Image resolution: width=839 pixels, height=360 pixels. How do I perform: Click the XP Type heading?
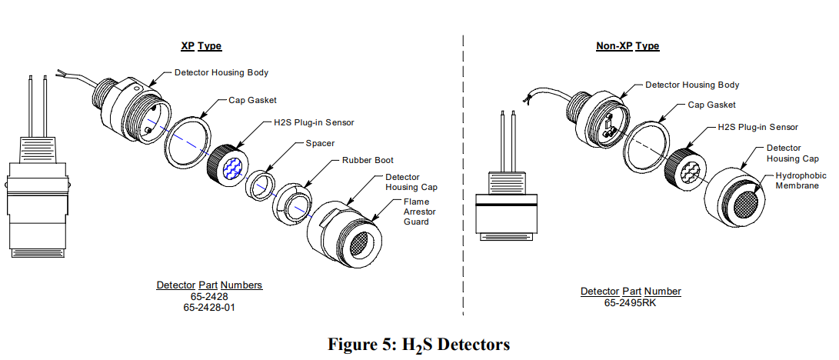click(x=201, y=46)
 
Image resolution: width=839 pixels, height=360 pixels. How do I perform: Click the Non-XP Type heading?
click(x=628, y=46)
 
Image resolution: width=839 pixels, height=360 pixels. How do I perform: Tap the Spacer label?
click(x=319, y=143)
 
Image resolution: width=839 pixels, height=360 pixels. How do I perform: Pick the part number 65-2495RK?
click(x=630, y=302)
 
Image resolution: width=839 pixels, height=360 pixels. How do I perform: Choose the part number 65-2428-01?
click(x=209, y=307)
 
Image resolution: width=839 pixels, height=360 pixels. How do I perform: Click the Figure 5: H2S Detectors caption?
click(x=418, y=343)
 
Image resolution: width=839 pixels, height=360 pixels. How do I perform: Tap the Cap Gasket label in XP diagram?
click(x=252, y=100)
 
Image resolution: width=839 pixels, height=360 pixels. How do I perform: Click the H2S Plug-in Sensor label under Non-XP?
click(x=757, y=127)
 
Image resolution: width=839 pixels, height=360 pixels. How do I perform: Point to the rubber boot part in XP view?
click(x=294, y=202)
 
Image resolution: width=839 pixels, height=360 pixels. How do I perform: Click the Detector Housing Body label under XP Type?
click(x=221, y=72)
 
